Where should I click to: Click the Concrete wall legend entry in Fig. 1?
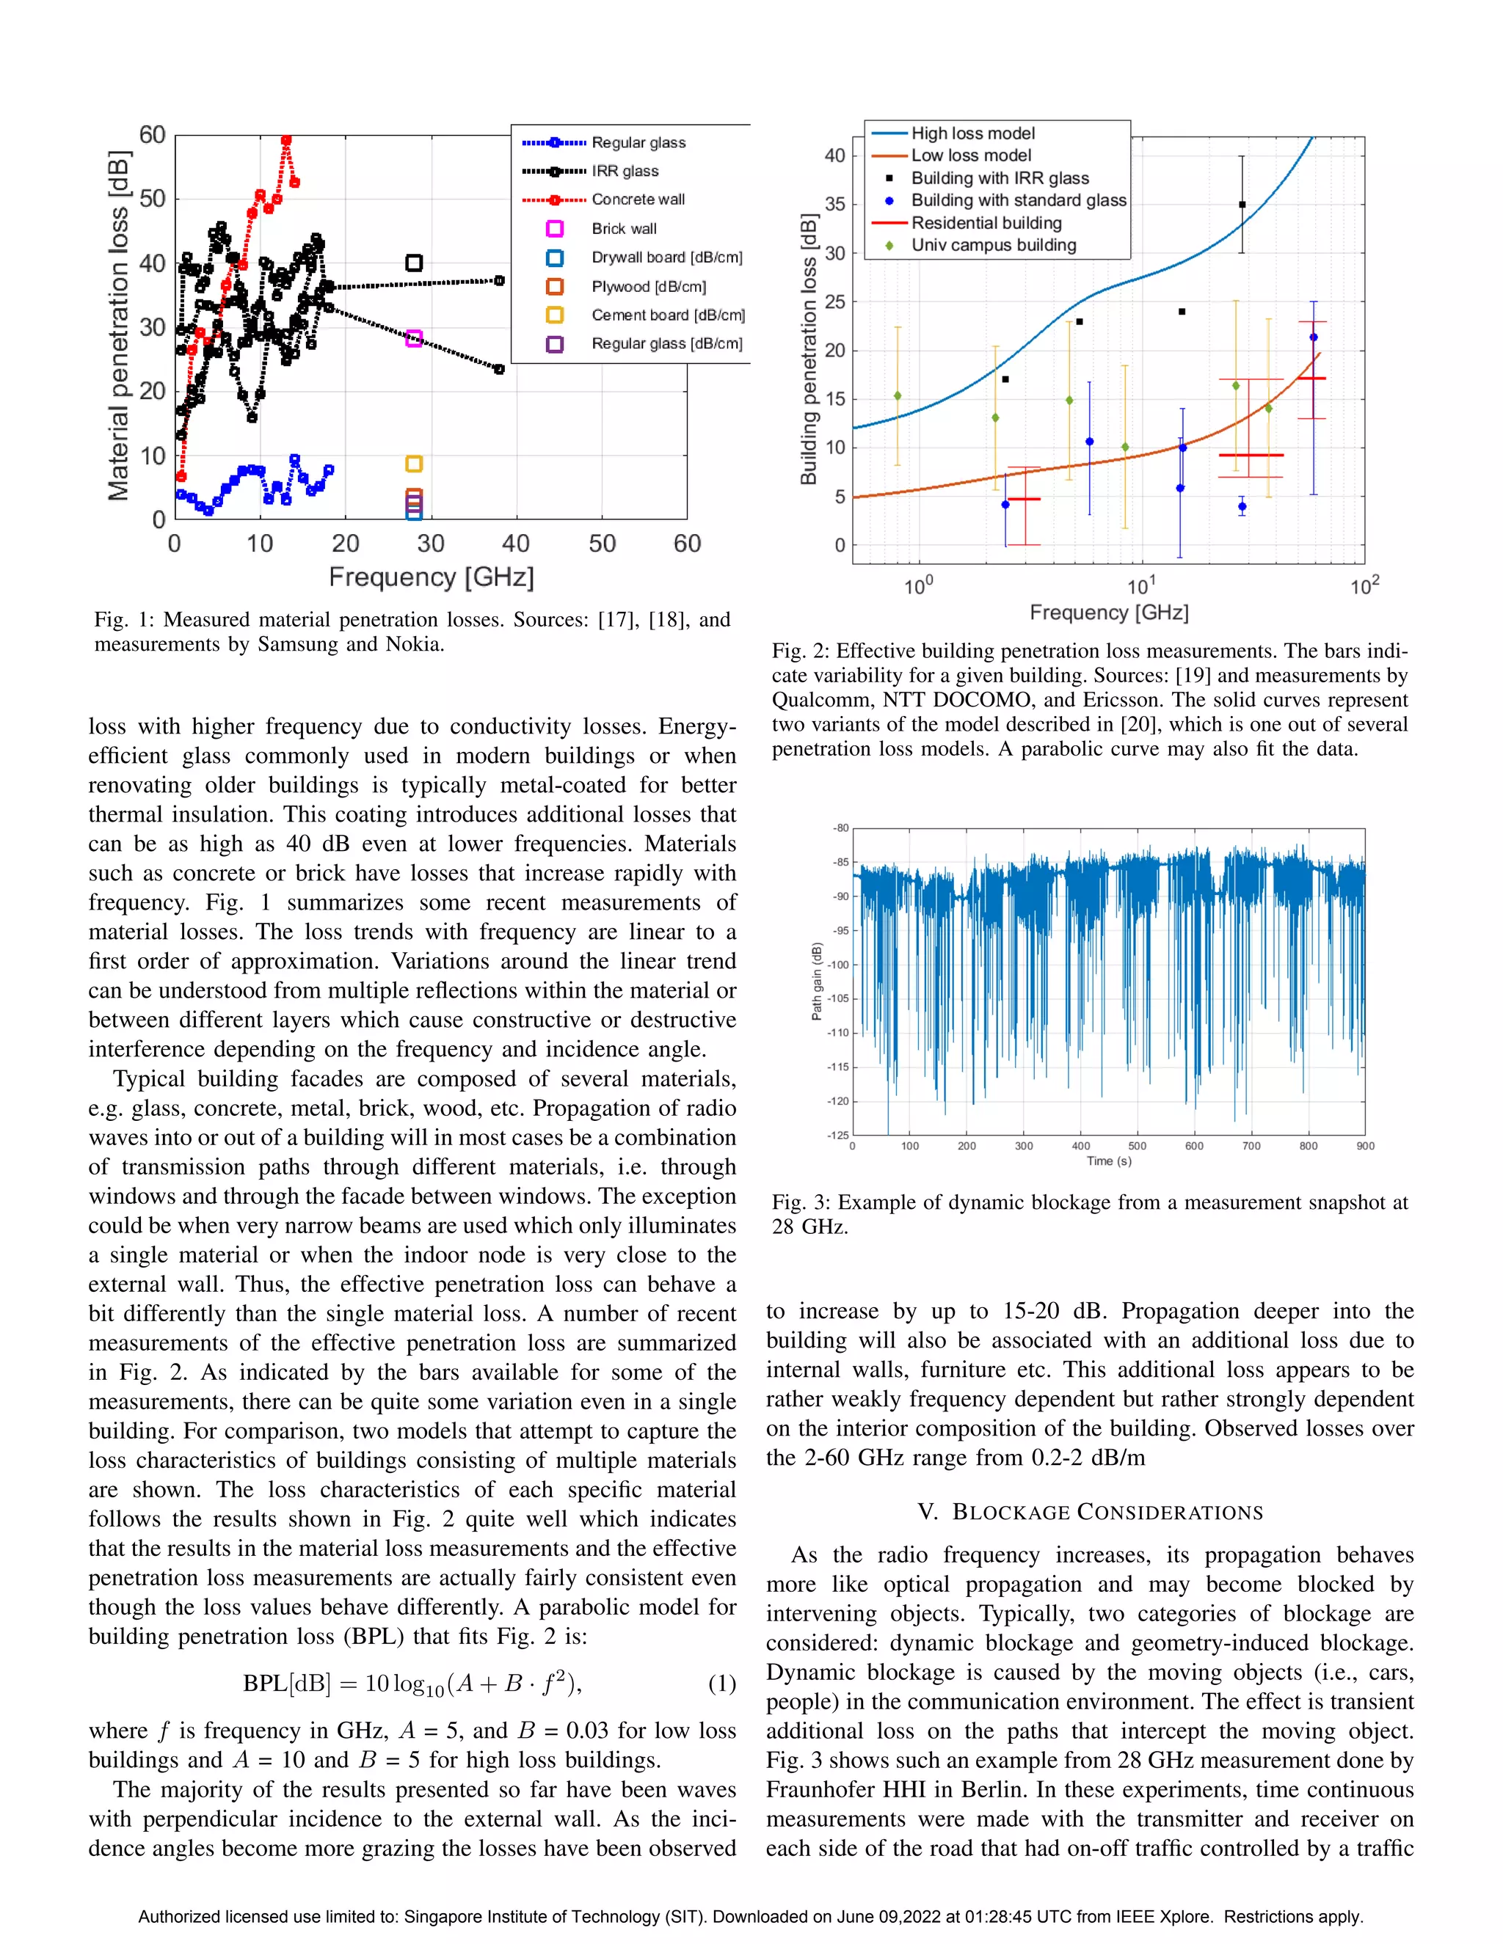click(638, 200)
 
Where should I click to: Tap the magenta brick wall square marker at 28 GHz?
click(413, 338)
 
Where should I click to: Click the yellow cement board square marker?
click(413, 464)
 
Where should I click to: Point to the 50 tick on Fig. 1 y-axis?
click(153, 199)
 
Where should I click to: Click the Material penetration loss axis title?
click(118, 326)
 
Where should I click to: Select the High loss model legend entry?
click(972, 134)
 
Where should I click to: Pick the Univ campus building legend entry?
click(993, 245)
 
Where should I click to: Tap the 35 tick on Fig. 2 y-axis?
click(835, 204)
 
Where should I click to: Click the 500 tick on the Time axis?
click(1137, 1147)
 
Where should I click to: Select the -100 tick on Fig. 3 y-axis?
click(840, 965)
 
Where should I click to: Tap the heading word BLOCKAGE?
click(1011, 1513)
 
